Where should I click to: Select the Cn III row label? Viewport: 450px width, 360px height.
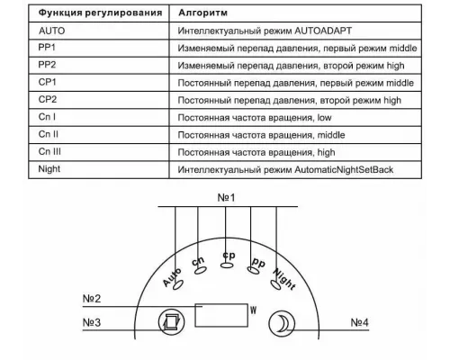point(51,151)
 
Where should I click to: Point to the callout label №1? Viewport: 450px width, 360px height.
point(227,195)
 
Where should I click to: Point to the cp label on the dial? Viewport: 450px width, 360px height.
point(229,255)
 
